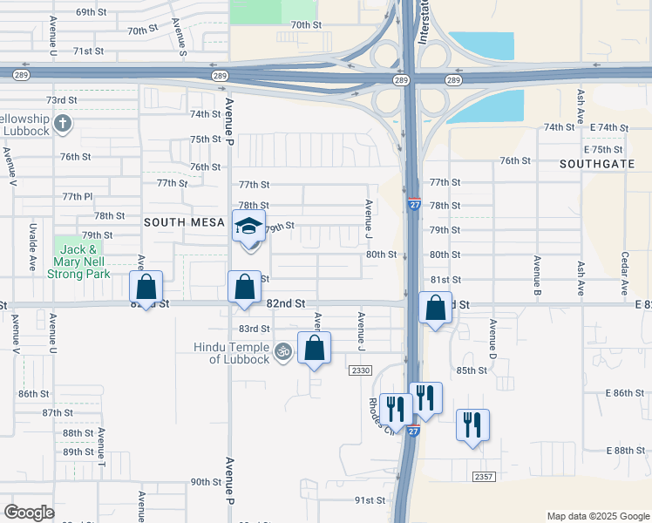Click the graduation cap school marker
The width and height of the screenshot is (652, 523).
[x=249, y=228]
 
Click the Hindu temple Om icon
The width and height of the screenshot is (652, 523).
[x=282, y=352]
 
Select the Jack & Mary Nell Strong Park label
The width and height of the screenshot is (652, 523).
[x=81, y=261]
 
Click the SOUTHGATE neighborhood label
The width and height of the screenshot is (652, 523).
[x=596, y=163]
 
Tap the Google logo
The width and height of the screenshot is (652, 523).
[x=30, y=513]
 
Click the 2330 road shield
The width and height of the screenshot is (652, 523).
[x=361, y=370]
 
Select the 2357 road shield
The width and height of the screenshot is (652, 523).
[x=485, y=477]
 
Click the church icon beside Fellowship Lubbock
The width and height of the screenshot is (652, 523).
[x=62, y=123]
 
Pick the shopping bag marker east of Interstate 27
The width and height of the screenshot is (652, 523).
[x=435, y=308]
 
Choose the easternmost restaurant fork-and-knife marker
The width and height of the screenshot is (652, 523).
[x=472, y=425]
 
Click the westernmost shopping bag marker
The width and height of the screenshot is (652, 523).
[x=146, y=287]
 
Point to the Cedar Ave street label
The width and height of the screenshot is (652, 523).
[x=625, y=275]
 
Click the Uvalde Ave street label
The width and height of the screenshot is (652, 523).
[x=31, y=246]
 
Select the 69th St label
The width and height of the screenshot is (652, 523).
[x=90, y=12]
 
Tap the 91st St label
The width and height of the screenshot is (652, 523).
[x=370, y=500]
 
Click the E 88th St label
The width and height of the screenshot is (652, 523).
[x=628, y=450]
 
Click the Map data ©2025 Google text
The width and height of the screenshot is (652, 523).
[x=597, y=516]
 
